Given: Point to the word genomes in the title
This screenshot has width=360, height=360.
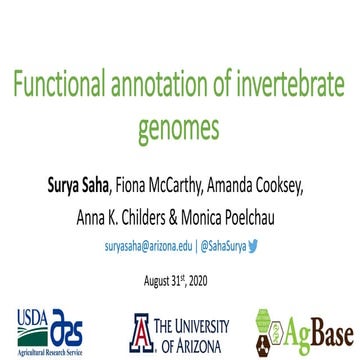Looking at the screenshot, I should [x=179, y=129].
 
